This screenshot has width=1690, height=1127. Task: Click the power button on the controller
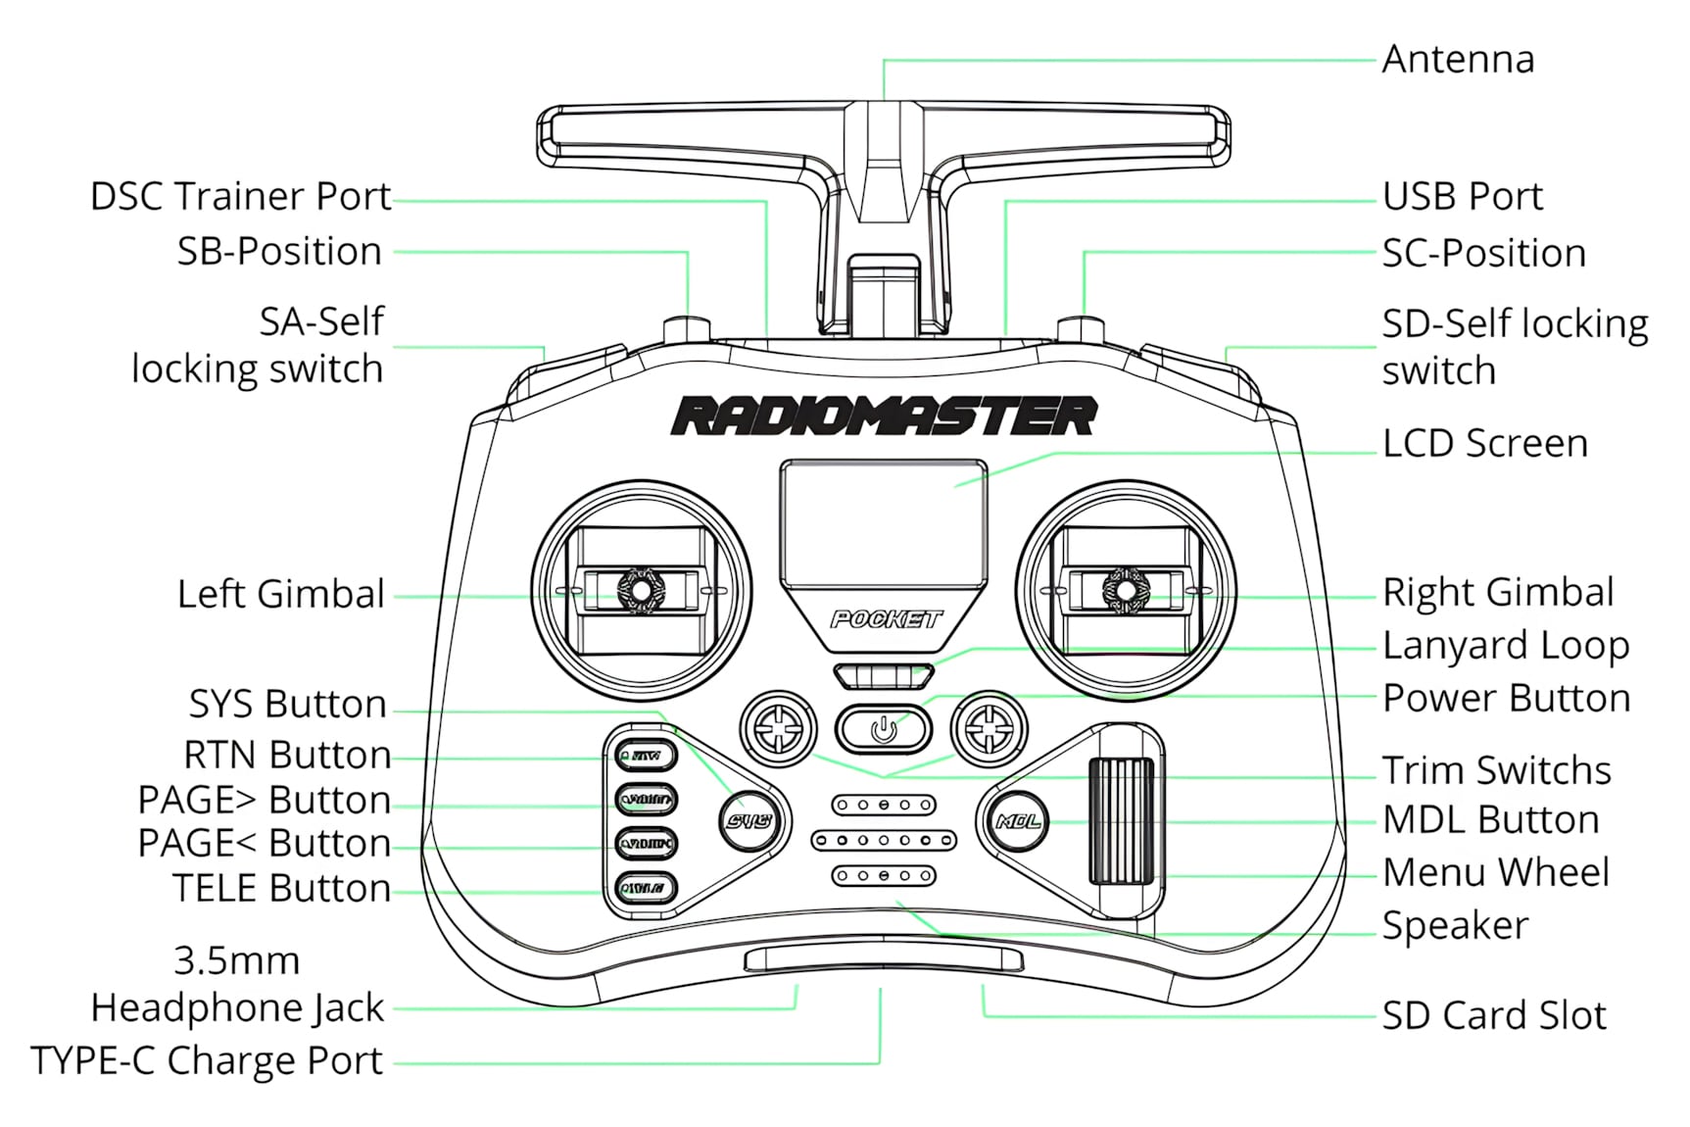pos(883,729)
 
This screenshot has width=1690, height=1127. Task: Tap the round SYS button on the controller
pos(749,821)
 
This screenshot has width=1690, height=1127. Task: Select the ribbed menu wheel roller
pos(1121,820)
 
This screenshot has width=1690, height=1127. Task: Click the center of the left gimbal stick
pos(640,590)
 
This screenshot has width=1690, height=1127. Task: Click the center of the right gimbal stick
pos(1125,590)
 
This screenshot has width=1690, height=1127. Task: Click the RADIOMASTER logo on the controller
pos(884,416)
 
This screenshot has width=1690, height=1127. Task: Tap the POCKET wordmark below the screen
pos(885,619)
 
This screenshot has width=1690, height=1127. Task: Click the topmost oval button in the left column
pos(646,756)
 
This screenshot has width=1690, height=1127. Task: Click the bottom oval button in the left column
pos(646,889)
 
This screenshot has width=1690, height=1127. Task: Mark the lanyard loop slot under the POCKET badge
pos(884,676)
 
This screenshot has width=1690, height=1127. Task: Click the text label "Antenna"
pos(1458,60)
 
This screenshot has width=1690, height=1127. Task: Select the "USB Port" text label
pos(1462,197)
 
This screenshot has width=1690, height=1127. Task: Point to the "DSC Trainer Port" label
pos(240,197)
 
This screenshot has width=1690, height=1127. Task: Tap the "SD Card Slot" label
pos(1494,1016)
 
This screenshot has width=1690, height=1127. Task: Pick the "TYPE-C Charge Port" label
pos(207,1061)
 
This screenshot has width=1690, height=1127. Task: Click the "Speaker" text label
pos(1455,926)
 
